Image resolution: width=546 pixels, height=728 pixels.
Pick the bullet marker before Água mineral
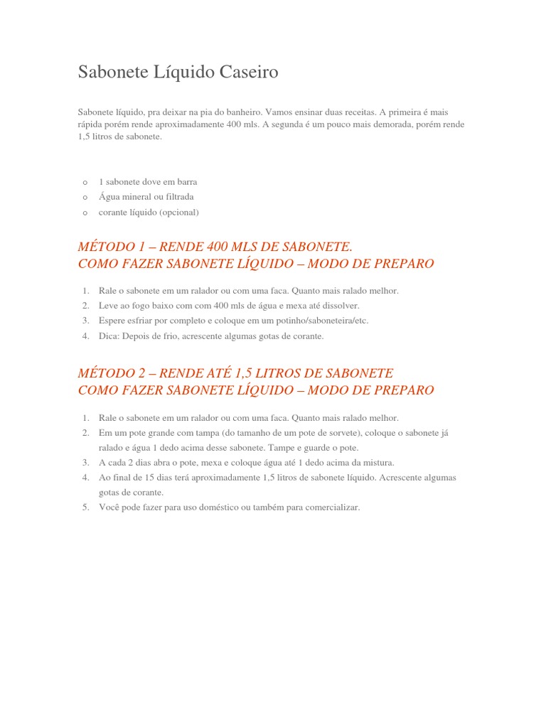(85, 198)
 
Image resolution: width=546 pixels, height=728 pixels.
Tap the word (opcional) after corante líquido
(179, 212)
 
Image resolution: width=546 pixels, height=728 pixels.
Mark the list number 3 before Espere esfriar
(85, 321)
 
